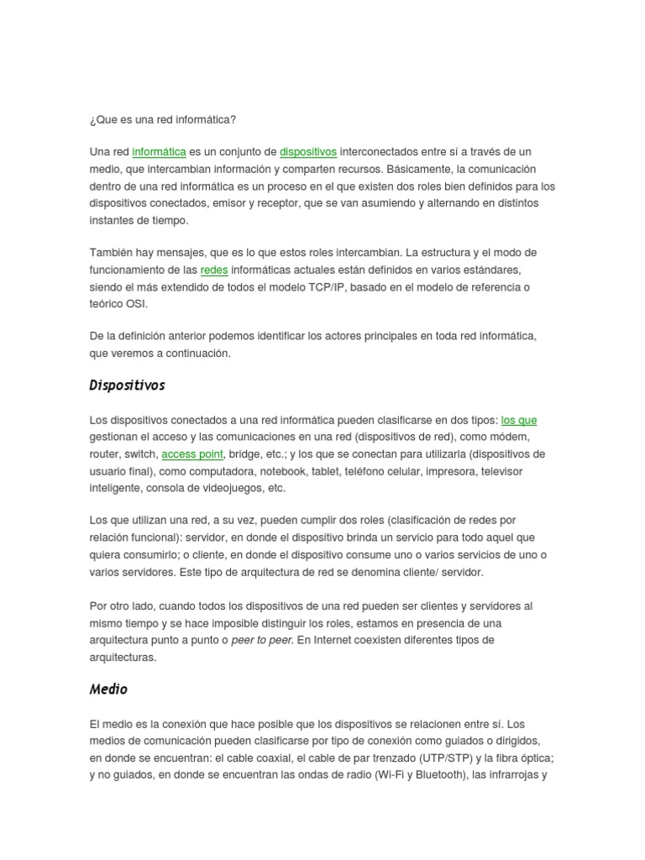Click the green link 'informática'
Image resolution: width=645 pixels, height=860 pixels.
pyautogui.click(x=159, y=152)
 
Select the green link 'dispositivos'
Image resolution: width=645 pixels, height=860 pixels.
pyautogui.click(x=308, y=152)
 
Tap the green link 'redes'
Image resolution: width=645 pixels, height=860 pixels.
pyautogui.click(x=214, y=270)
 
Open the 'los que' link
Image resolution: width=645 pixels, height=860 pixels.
pyautogui.click(x=519, y=420)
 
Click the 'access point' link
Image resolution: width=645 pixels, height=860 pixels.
pyautogui.click(x=192, y=454)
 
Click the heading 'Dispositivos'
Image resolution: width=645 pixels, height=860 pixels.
pyautogui.click(x=127, y=386)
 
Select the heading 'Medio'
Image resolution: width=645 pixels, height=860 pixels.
pyautogui.click(x=108, y=690)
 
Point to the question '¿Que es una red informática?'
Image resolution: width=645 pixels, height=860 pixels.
pyautogui.click(x=163, y=119)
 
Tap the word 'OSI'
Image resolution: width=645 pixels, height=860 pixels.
pyautogui.click(x=135, y=304)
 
